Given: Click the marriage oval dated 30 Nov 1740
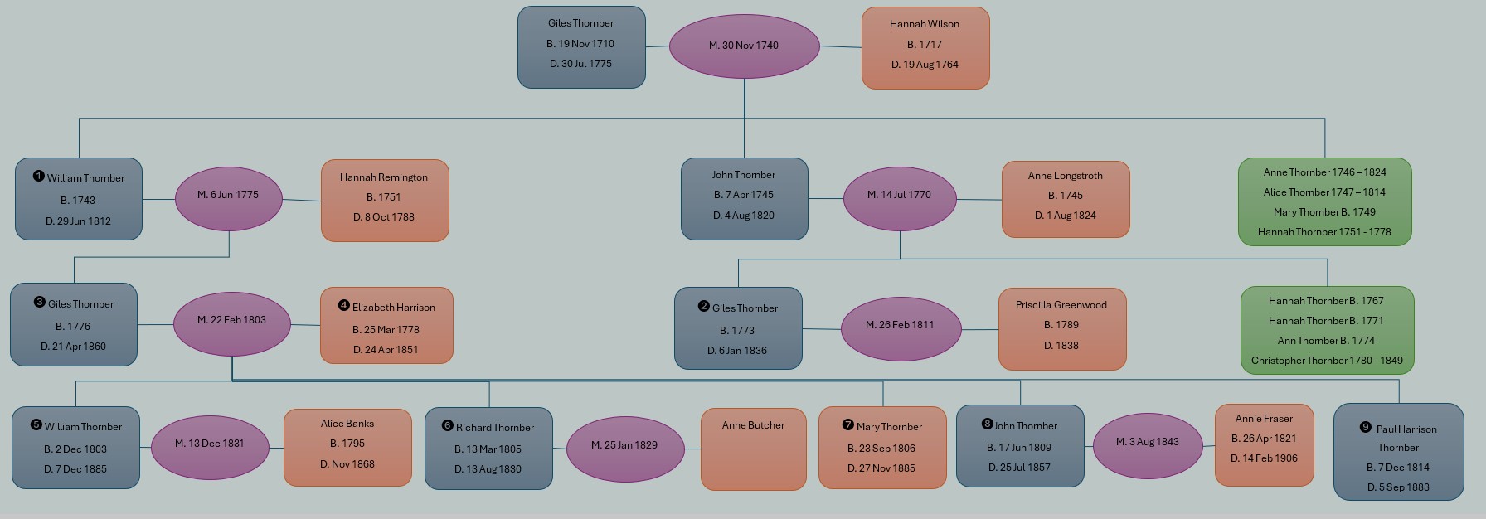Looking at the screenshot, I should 744,46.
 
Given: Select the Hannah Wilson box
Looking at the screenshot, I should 925,47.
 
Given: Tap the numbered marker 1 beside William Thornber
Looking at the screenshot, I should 38,176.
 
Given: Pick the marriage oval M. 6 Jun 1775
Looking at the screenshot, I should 228,198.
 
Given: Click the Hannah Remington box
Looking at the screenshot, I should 385,200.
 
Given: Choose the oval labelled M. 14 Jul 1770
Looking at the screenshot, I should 899,198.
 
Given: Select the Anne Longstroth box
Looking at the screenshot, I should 1065,198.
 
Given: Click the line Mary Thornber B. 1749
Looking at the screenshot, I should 1324,212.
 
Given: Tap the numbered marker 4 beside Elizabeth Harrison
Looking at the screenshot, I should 344,305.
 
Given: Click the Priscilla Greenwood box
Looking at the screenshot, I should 1061,327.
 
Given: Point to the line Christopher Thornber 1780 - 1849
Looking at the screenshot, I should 1327,361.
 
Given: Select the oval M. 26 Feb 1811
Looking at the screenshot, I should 900,327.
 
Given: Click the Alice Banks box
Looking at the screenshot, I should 347,446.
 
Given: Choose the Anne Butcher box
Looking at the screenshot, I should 753,448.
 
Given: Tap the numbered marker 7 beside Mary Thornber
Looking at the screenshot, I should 847,424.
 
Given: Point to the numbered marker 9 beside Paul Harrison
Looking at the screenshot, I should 1365,427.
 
